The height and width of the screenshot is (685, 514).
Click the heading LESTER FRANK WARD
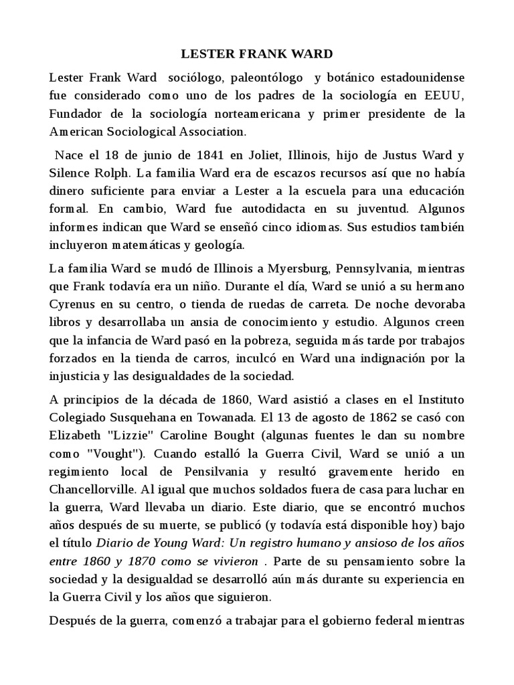tap(256, 53)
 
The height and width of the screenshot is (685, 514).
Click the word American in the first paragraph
tap(77, 132)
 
